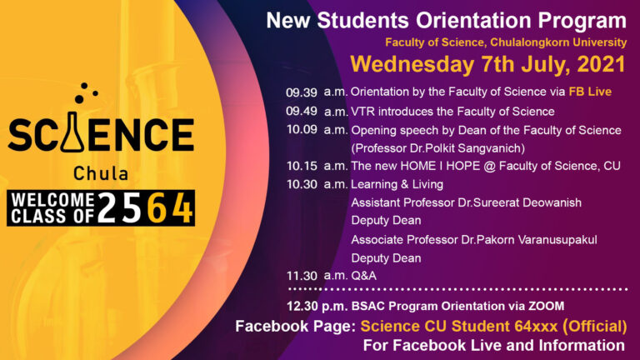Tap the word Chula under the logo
pyautogui.click(x=100, y=175)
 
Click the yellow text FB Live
pyautogui.click(x=590, y=92)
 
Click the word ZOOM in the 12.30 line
pyautogui.click(x=546, y=306)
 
